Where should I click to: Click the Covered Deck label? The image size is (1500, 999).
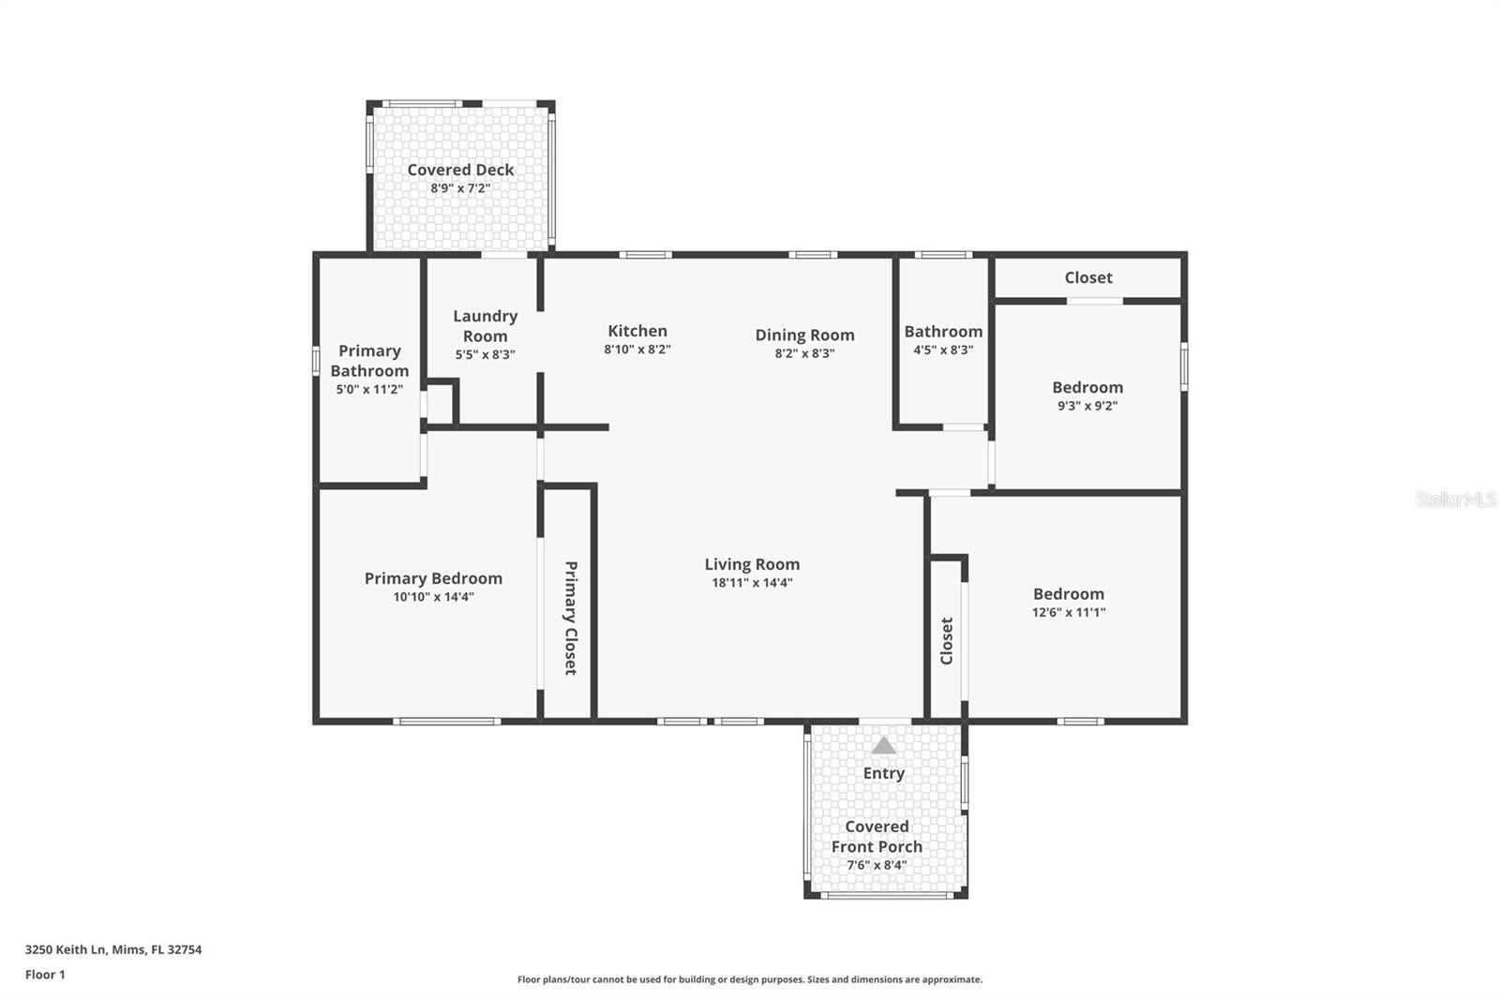pos(460,170)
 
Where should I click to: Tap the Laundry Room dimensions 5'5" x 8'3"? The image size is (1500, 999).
pos(486,354)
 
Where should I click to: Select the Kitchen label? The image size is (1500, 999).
pos(637,331)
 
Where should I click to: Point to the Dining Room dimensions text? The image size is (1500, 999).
pos(805,353)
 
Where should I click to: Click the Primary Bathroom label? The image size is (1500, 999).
pos(369,361)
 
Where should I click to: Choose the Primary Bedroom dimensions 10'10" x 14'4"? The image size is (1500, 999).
pos(433,597)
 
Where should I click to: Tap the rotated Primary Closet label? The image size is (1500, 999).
pos(571,618)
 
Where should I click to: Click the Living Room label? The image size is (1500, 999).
pos(752,564)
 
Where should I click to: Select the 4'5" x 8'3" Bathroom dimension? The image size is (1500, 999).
pos(943,350)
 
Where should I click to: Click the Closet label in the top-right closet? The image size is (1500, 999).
pos(1088,277)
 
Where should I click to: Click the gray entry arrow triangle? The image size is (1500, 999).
pos(884,745)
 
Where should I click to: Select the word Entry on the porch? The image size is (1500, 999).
pos(884,773)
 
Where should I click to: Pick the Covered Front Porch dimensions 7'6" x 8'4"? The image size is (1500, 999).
pos(877,865)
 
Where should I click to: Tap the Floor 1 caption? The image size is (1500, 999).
pos(45,975)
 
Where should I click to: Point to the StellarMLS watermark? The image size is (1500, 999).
pos(1456,499)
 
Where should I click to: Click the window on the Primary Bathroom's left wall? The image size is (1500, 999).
pos(316,360)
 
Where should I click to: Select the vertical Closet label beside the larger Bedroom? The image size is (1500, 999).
pos(947,641)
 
